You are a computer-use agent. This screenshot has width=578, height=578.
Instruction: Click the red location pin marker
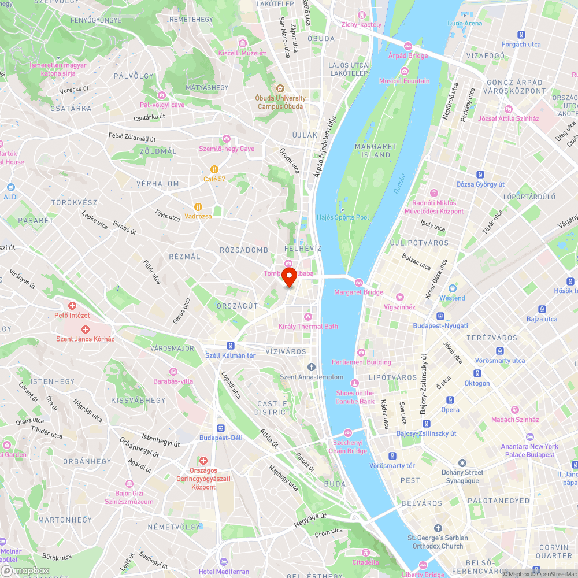click(288, 276)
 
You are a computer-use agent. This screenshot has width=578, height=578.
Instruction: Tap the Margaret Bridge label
click(358, 292)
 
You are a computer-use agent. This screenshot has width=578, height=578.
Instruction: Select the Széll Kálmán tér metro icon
click(231, 346)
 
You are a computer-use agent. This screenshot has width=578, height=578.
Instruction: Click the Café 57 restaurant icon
click(214, 169)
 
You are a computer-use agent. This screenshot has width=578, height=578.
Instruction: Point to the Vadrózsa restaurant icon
click(198, 206)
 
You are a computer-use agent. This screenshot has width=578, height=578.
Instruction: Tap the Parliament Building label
click(361, 362)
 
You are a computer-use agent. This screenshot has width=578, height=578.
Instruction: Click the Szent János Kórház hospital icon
click(85, 329)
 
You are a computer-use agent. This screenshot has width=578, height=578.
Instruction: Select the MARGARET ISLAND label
click(376, 151)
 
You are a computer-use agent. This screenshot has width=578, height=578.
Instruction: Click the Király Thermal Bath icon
click(308, 316)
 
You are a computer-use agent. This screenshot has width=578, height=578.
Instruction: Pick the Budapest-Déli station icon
click(221, 428)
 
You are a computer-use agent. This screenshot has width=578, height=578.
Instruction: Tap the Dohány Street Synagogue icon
click(462, 463)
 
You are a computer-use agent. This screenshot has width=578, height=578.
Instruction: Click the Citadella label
click(366, 562)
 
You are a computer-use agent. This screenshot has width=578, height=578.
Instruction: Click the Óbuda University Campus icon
click(280, 88)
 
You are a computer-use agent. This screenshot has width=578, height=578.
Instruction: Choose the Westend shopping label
click(452, 298)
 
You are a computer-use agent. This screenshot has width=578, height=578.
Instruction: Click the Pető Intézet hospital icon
click(72, 306)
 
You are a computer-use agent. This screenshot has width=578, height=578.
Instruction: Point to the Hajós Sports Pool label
click(343, 217)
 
